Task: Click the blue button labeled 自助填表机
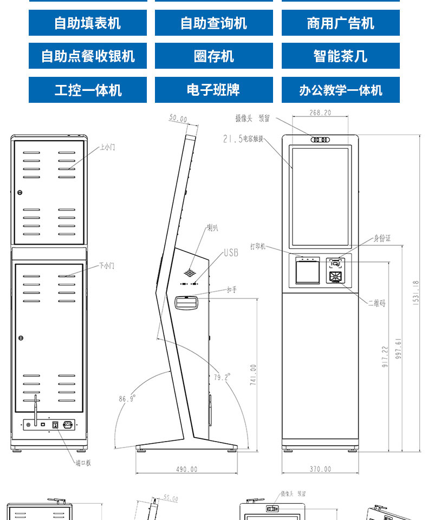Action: (x=88, y=23)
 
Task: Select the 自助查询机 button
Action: (x=213, y=23)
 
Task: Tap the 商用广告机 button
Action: (x=340, y=23)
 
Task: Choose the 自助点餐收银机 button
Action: (x=88, y=56)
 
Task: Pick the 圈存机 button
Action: (x=213, y=56)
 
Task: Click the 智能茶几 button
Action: (x=340, y=56)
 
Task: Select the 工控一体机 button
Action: (x=88, y=90)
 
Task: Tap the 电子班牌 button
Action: (x=213, y=90)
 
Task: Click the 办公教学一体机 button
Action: (x=340, y=90)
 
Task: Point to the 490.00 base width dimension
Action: (x=186, y=469)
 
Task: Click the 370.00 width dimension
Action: (x=320, y=469)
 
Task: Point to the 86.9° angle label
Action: (x=127, y=399)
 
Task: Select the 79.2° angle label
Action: (x=222, y=377)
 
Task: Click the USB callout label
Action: (x=231, y=253)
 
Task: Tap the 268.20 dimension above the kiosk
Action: (x=320, y=113)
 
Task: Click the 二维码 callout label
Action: (x=377, y=304)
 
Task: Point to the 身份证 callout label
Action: (x=381, y=238)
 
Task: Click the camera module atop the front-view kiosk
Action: (x=320, y=140)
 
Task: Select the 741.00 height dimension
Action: (x=253, y=374)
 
